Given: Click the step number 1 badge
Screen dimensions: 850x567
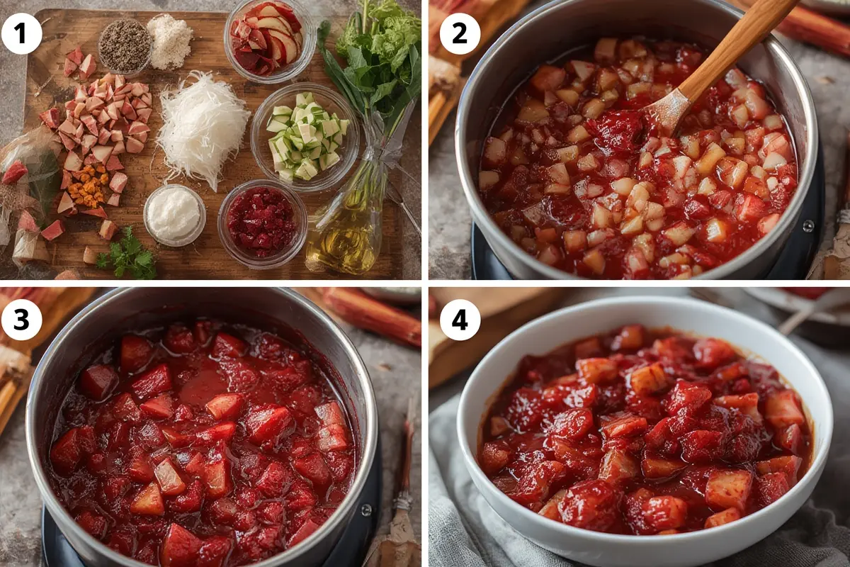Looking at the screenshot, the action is click(x=22, y=33).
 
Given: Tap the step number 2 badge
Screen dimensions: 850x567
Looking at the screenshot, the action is click(x=460, y=33).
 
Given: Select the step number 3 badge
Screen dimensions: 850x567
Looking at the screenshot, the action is click(x=22, y=320).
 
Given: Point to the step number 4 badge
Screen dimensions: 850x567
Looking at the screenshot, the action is click(x=460, y=320).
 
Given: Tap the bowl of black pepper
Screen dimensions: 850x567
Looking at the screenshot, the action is click(x=125, y=46).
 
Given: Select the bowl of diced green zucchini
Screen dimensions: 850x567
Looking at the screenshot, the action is click(x=305, y=135).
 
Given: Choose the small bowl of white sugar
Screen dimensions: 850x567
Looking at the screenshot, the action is click(x=174, y=215).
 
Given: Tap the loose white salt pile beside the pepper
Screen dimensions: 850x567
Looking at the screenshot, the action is click(x=169, y=41).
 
